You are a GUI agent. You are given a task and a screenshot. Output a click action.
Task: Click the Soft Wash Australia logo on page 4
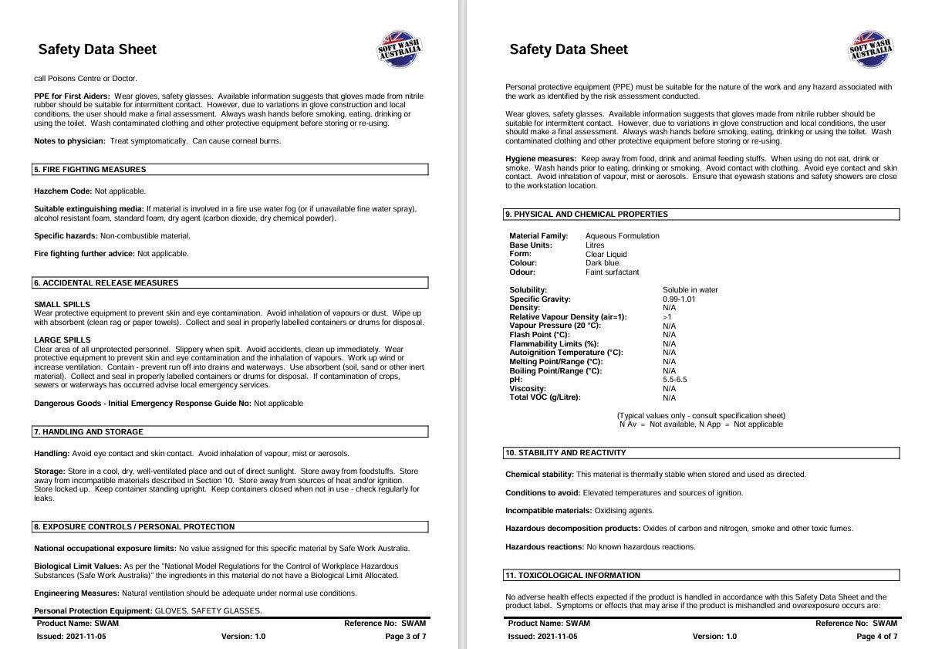(x=870, y=49)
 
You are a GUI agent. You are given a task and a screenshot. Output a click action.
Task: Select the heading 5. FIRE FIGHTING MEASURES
(x=89, y=170)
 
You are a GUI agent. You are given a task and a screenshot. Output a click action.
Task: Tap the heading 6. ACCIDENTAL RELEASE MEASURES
(x=106, y=283)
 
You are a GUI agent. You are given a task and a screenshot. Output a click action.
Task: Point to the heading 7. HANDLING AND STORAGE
(x=88, y=432)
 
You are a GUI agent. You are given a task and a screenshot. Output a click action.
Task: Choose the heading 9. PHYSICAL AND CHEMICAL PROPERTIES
(x=586, y=215)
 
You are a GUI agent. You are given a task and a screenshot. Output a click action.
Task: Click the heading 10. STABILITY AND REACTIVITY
(x=565, y=453)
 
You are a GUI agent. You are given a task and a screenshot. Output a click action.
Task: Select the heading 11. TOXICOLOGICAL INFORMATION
(x=572, y=576)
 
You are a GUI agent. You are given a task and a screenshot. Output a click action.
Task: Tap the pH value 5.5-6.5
(x=674, y=380)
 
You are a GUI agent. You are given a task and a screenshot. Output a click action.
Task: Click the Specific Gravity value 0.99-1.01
(x=679, y=299)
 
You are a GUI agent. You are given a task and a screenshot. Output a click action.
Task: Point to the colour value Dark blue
(x=603, y=263)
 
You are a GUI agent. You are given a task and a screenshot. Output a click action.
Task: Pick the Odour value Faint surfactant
(x=612, y=272)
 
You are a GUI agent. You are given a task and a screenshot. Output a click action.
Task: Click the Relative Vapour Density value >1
(x=667, y=317)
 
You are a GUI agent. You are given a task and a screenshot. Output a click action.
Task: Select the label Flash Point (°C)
(x=539, y=335)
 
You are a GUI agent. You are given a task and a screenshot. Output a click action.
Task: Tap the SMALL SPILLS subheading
(x=62, y=305)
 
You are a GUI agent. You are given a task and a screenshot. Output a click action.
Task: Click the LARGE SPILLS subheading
(x=62, y=340)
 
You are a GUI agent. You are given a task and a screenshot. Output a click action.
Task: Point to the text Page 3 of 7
(x=405, y=637)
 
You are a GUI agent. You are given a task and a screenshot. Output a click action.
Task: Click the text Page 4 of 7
(x=876, y=637)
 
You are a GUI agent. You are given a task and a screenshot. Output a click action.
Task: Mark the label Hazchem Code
(x=62, y=191)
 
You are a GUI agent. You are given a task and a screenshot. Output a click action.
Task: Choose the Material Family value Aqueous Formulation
(x=622, y=236)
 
